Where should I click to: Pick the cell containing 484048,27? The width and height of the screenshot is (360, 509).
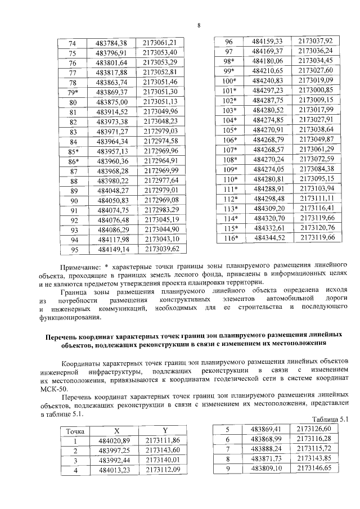tap(112, 190)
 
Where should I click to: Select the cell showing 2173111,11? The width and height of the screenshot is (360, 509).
tap(317, 199)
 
